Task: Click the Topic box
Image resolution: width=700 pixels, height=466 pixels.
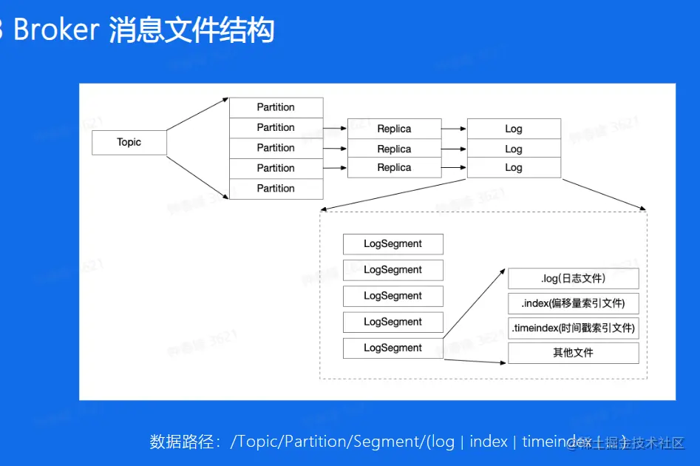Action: click(x=129, y=143)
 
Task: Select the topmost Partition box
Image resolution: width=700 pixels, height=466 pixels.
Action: click(x=276, y=107)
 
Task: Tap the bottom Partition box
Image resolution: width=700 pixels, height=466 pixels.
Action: click(x=276, y=189)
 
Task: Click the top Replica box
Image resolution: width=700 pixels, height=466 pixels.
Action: click(x=394, y=129)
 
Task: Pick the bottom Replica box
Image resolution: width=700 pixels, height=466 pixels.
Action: click(x=394, y=168)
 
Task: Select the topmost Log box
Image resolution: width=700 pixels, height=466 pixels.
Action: click(x=514, y=129)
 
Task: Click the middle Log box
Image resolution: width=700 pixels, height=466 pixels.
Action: click(x=514, y=149)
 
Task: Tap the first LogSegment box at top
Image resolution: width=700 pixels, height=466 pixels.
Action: click(x=393, y=244)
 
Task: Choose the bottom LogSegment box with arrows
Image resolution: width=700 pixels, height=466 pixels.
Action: click(x=393, y=348)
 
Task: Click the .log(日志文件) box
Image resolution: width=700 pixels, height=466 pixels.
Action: click(x=573, y=279)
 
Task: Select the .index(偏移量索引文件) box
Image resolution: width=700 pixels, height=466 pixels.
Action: click(x=573, y=303)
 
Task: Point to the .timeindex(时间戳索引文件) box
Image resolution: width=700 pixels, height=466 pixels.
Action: click(x=573, y=328)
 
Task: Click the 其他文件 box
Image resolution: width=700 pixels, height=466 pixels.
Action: click(x=573, y=353)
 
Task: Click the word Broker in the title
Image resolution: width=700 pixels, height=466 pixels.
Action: click(x=56, y=30)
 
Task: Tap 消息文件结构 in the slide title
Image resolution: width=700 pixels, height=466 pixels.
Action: click(x=192, y=30)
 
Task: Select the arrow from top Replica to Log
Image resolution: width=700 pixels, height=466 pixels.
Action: click(x=454, y=129)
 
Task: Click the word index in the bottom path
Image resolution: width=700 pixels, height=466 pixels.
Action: click(x=488, y=442)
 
